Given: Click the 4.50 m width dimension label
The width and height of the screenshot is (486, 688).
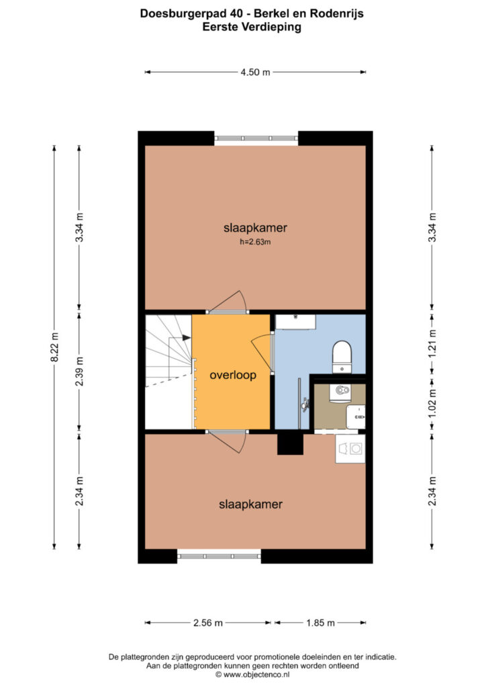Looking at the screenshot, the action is click(x=255, y=72).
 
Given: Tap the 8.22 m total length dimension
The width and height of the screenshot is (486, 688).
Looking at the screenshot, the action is click(x=55, y=347).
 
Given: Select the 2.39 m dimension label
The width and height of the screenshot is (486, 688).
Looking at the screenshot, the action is click(x=79, y=371).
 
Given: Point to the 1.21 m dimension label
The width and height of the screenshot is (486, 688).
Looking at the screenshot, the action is click(x=432, y=343).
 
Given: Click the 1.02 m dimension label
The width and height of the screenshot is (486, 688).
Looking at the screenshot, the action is click(x=432, y=403).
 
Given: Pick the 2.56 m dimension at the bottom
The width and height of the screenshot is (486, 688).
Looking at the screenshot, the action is click(x=208, y=623).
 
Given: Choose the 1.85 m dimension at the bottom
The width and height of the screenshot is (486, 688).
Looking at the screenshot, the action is click(x=320, y=623).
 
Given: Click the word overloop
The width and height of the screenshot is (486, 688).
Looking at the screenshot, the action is click(x=233, y=375).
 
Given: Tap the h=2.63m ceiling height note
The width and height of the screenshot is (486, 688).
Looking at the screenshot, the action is click(x=255, y=242).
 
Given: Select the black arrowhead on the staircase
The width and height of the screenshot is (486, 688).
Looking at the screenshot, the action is click(x=187, y=337).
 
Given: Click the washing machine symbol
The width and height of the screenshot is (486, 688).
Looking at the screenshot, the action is click(x=350, y=448).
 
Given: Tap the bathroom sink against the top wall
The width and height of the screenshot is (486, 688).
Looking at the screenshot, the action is click(x=295, y=322).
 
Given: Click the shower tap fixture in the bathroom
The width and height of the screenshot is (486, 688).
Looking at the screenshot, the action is click(x=304, y=403).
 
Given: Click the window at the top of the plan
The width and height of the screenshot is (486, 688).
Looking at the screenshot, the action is click(x=256, y=138).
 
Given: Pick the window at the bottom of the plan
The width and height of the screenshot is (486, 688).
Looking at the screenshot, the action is click(x=219, y=556).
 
